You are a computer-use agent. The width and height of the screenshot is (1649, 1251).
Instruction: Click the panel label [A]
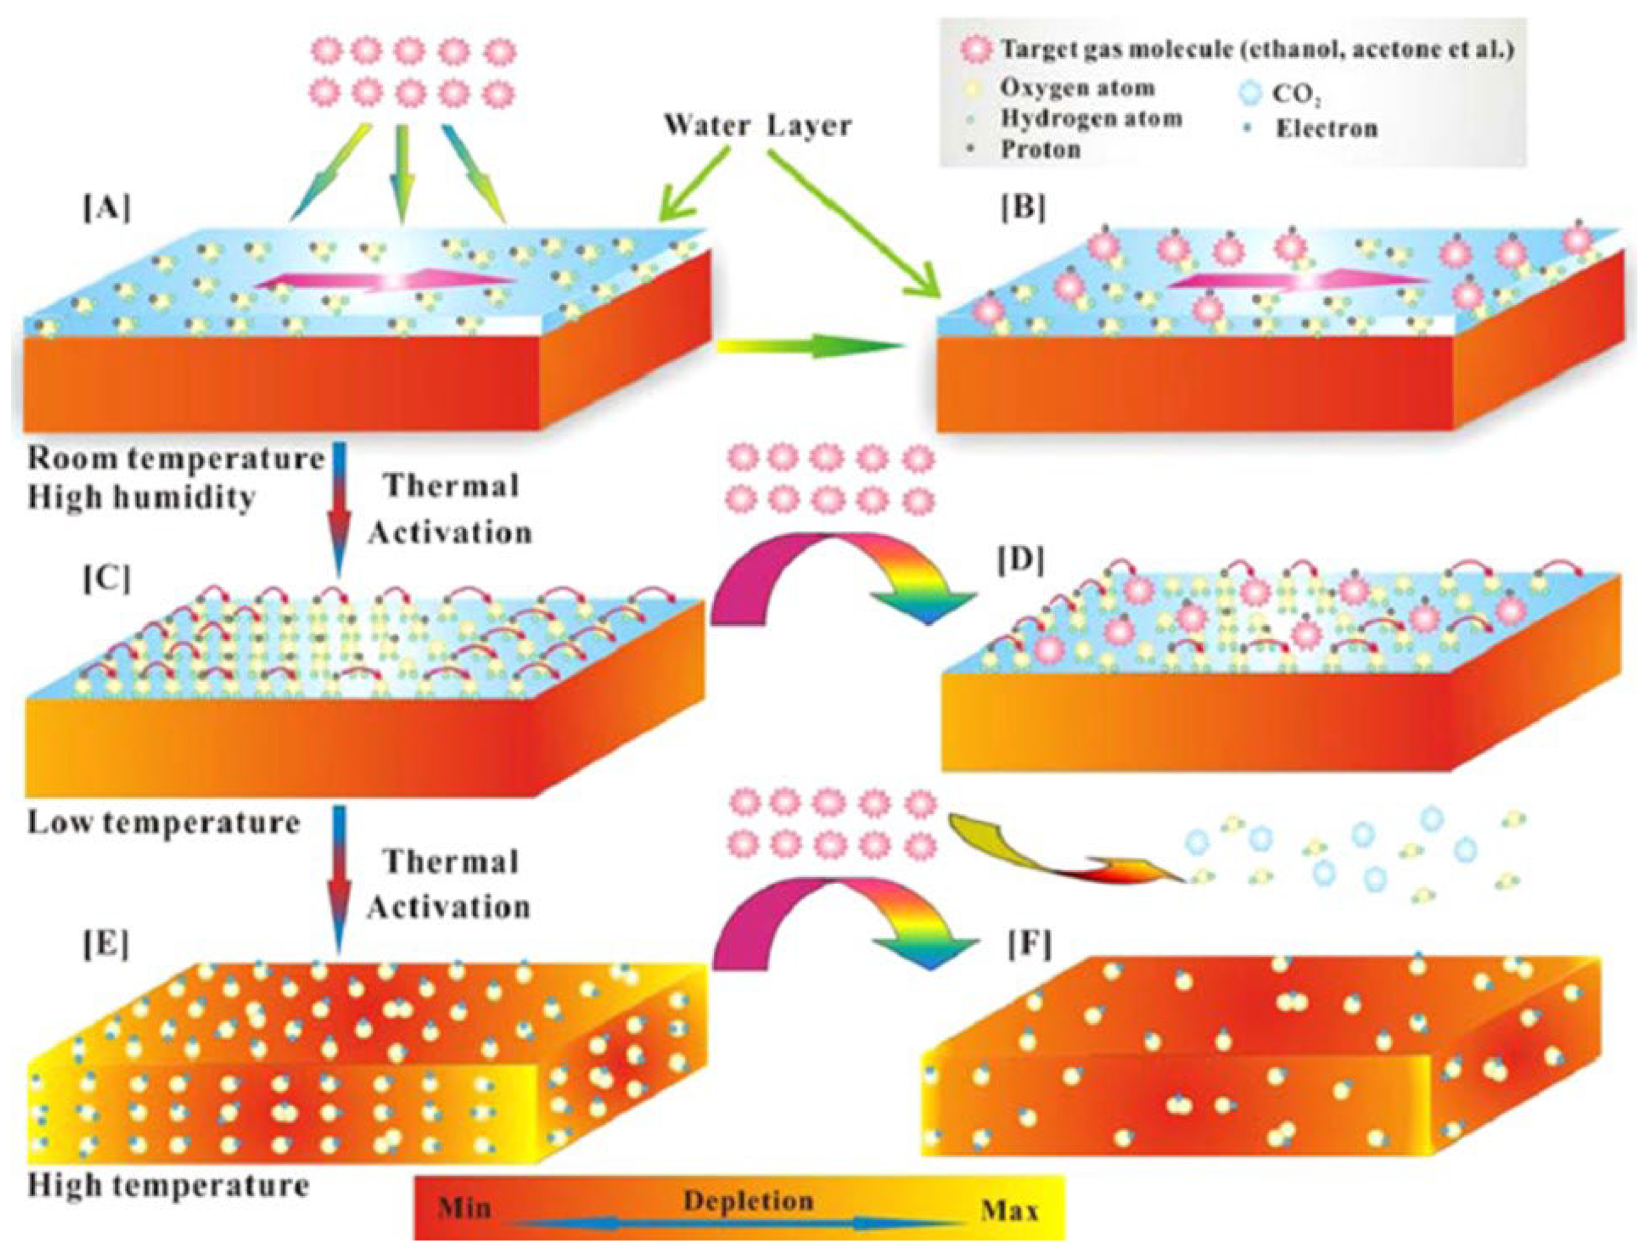pos(107,209)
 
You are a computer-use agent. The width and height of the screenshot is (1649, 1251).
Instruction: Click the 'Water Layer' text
pos(757,125)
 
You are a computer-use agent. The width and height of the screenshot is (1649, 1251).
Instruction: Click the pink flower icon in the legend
pos(977,51)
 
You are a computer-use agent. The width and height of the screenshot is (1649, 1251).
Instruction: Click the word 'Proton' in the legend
pos(1041,149)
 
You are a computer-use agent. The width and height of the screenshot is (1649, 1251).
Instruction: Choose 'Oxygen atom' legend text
pos(1077,88)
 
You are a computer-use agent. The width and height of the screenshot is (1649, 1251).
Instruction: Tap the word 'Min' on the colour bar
pos(465,1207)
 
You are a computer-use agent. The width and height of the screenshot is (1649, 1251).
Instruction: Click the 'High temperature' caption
pos(168,1186)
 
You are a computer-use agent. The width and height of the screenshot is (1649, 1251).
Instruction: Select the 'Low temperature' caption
pos(164,823)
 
